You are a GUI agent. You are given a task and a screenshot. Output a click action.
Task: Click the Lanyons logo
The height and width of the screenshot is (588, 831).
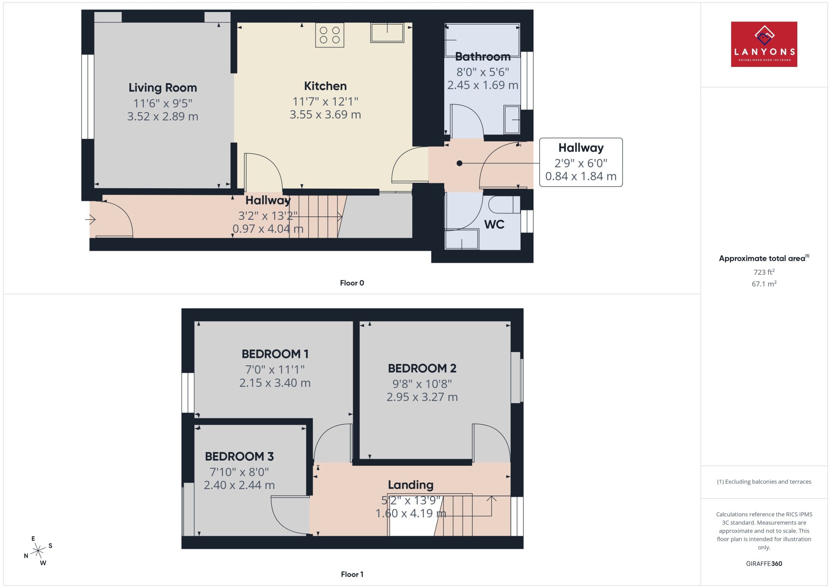(x=764, y=44)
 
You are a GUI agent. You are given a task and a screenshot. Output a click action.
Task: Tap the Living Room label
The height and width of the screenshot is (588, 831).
(x=162, y=88)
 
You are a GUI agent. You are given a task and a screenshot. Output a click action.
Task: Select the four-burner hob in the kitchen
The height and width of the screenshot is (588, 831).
(x=329, y=35)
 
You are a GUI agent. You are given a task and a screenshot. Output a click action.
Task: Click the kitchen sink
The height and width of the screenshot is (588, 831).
(x=387, y=32)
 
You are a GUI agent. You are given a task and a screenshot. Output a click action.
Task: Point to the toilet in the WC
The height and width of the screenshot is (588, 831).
(x=504, y=204)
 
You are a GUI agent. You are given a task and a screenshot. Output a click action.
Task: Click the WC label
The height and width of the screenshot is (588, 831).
(x=494, y=224)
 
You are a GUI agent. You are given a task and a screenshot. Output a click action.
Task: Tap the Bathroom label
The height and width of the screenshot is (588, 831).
(x=482, y=57)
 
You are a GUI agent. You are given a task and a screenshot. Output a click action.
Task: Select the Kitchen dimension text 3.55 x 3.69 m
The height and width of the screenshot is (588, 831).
(x=325, y=115)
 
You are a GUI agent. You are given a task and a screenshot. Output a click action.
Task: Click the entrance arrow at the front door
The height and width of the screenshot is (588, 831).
(x=91, y=219)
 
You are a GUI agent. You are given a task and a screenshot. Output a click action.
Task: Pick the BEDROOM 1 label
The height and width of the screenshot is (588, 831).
(x=275, y=354)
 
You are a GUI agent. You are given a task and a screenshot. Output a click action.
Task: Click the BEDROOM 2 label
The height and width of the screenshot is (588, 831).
(x=422, y=368)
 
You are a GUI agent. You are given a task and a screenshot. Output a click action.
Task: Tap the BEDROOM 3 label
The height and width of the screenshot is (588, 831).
(x=239, y=456)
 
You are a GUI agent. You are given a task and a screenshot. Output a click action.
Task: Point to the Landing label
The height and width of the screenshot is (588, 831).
(x=411, y=485)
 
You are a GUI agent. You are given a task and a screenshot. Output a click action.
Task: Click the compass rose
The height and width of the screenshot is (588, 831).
(x=38, y=551)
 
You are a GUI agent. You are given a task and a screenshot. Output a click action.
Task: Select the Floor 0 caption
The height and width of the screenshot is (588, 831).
(x=352, y=283)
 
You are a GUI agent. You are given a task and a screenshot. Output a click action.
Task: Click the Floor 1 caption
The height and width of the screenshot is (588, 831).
(x=352, y=574)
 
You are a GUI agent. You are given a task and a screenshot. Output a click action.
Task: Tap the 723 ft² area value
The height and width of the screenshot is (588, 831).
(x=764, y=272)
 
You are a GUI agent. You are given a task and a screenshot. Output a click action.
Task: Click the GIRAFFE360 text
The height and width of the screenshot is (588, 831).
(x=764, y=564)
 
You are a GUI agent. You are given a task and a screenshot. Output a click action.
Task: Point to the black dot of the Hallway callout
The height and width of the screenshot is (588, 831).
(x=459, y=163)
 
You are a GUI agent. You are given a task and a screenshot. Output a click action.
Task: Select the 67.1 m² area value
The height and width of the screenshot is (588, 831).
(x=764, y=284)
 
